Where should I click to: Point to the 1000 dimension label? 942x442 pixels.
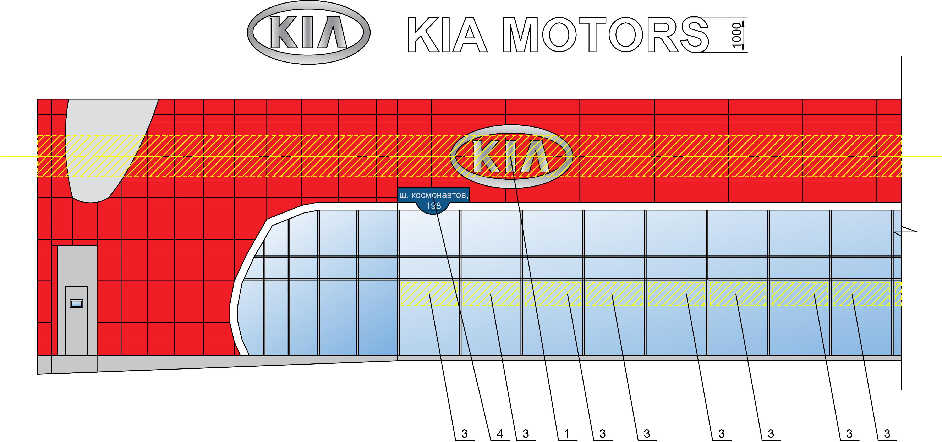(736, 35)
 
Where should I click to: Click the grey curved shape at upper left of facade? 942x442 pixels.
(106, 146)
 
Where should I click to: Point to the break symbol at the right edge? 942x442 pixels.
(905, 231)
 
